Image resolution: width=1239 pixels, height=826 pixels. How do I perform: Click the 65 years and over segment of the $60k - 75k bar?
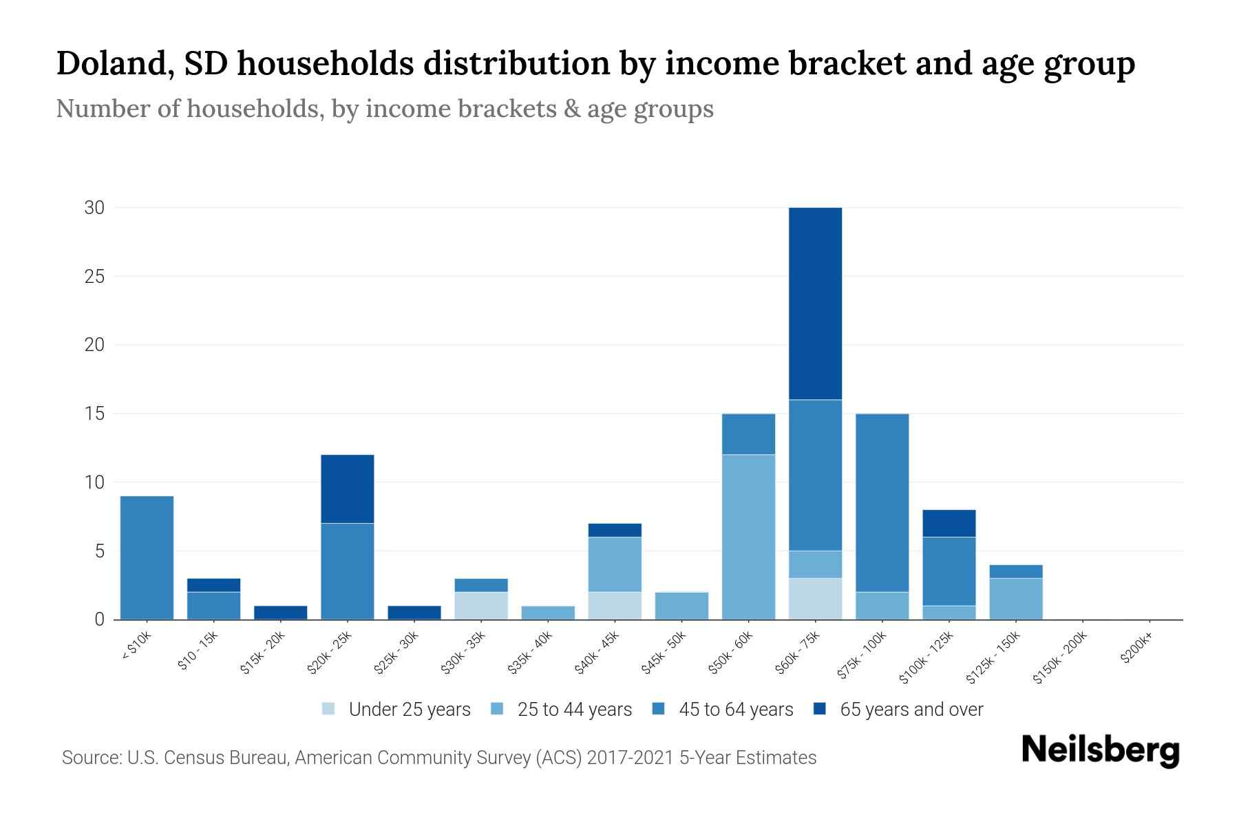[x=815, y=303]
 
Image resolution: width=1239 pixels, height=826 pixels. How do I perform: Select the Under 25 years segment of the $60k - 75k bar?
[x=815, y=598]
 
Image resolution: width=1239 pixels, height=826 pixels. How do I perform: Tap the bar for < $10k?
[x=147, y=558]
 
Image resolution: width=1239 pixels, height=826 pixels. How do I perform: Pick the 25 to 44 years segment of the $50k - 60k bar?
[x=748, y=537]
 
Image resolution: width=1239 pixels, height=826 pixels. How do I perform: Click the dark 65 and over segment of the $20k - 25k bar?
[x=348, y=489]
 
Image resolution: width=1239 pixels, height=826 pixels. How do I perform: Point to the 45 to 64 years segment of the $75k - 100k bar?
[x=882, y=502]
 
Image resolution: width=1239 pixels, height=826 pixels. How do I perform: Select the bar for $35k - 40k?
[x=548, y=613]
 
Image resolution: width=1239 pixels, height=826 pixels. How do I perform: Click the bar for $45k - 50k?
[x=681, y=606]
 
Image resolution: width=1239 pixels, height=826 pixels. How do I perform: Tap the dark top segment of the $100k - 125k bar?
[x=949, y=523]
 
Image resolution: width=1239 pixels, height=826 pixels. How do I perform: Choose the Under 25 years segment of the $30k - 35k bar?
[x=481, y=606]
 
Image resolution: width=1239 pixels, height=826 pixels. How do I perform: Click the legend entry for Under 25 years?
[x=409, y=710]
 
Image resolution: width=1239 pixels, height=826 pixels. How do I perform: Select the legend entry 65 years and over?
[x=911, y=710]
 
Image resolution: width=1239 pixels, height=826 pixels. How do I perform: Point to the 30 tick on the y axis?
[x=94, y=207]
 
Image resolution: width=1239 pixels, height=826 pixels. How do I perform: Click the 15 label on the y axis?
[x=95, y=414]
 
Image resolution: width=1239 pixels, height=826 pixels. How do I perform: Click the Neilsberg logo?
[x=1100, y=750]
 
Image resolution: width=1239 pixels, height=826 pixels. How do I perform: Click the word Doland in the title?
[x=110, y=64]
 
